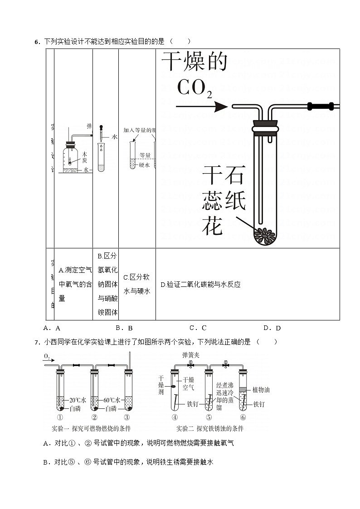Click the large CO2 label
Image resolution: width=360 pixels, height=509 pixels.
coord(194,88)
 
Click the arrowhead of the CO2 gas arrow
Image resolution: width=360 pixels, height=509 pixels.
coord(222,107)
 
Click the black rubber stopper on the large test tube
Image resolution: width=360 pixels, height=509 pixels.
coord(265,124)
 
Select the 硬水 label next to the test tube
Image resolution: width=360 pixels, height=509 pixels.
coord(144,165)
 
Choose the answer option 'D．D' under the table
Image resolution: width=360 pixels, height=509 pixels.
coord(272,328)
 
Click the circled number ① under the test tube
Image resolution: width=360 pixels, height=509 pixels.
coord(59,417)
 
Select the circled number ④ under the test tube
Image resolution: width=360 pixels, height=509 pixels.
coord(175,417)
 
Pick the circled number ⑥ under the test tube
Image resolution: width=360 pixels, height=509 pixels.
coord(243,417)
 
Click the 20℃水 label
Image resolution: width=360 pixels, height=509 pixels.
coord(77,401)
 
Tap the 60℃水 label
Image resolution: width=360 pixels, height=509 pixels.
coord(112,401)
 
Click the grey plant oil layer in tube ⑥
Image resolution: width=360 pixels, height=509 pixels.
coord(243,389)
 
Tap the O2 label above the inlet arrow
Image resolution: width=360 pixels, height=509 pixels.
coord(47,357)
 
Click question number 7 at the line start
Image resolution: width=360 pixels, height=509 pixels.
coord(36,342)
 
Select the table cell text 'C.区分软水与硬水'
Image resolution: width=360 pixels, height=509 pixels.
coord(136,284)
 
